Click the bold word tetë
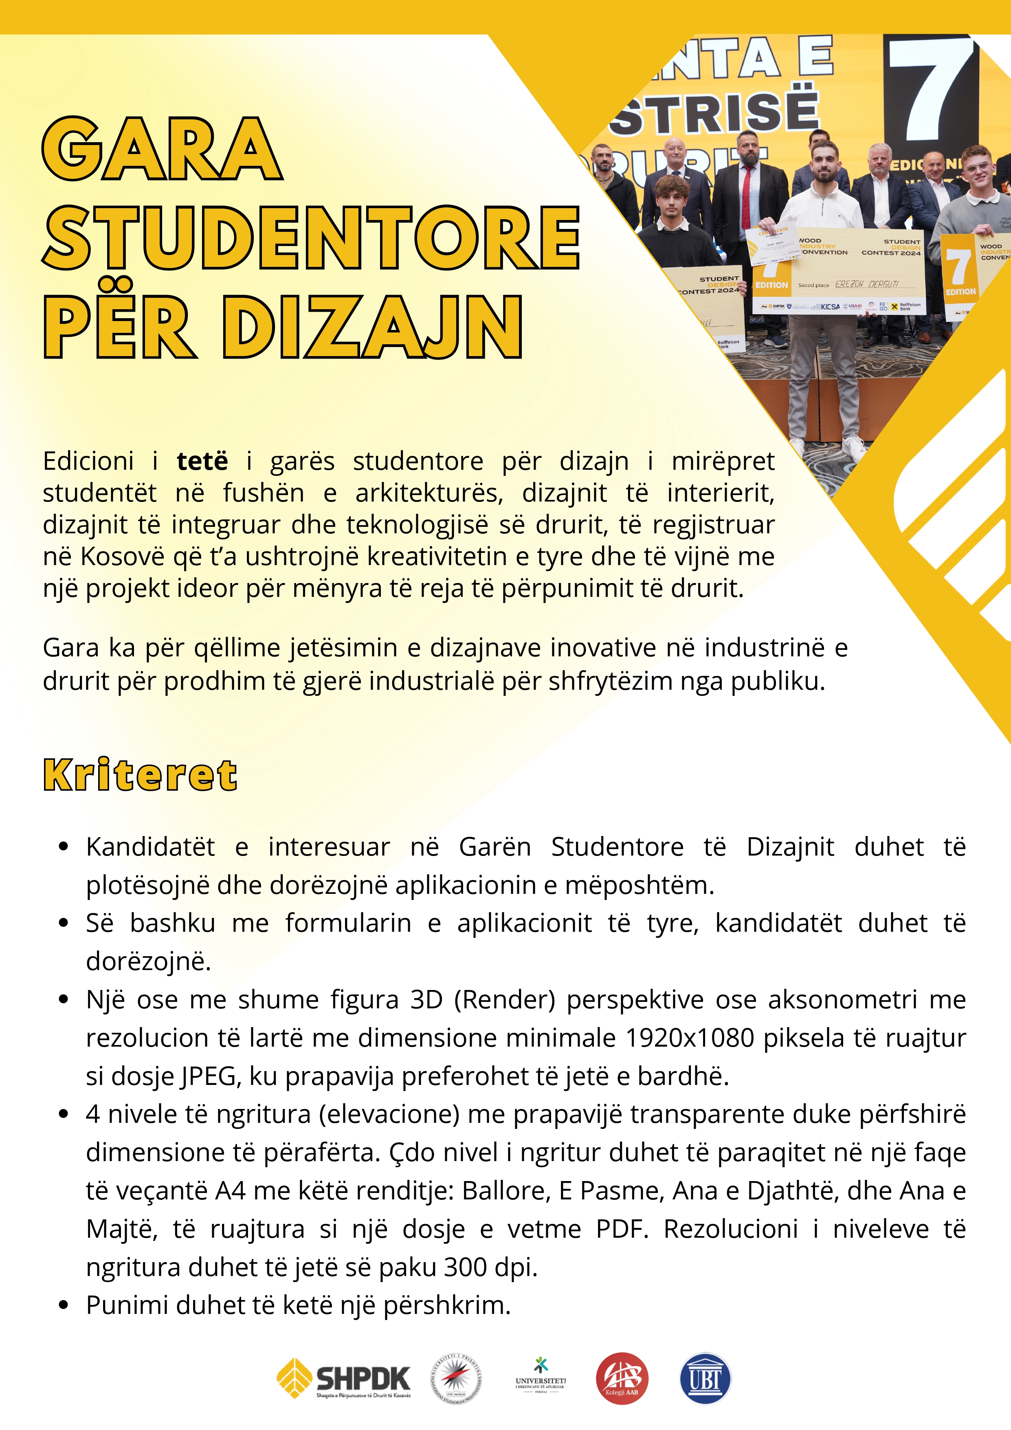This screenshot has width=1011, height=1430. (x=202, y=462)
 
